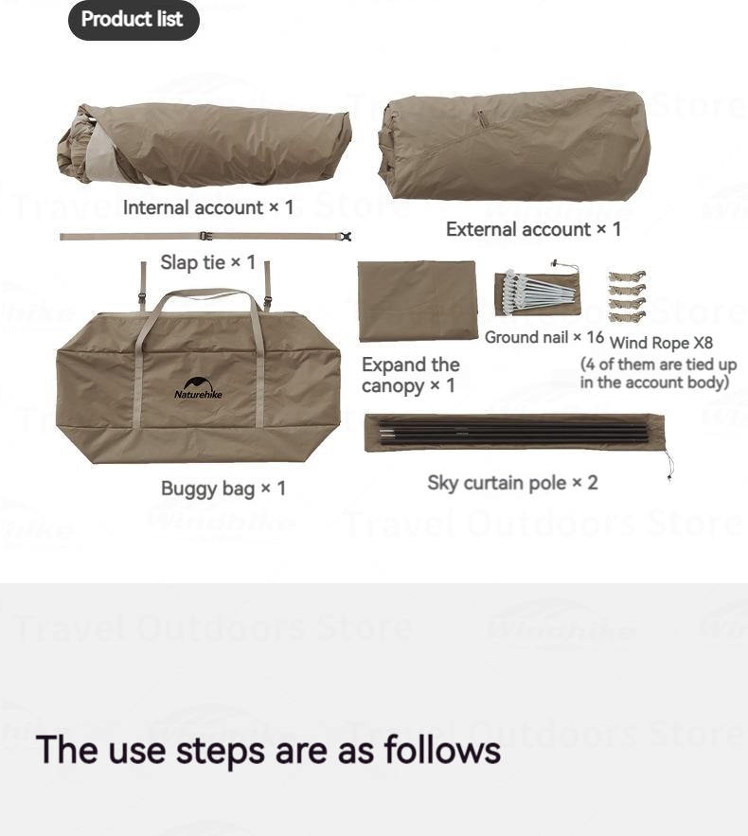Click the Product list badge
point(134,20)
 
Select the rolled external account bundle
point(514,145)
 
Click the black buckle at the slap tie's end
point(346,236)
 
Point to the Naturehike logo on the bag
point(198,388)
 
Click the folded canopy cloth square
point(418,301)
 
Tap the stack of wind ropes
point(627,296)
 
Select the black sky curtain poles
point(513,432)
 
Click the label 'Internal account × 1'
point(208,207)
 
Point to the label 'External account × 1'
point(533,229)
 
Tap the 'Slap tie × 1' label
point(208,262)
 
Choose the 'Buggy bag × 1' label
point(223,489)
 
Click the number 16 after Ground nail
point(595,337)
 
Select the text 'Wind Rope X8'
point(661,343)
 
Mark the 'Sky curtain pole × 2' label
point(512,483)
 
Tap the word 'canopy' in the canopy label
point(392,386)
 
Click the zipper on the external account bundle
point(481,119)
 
